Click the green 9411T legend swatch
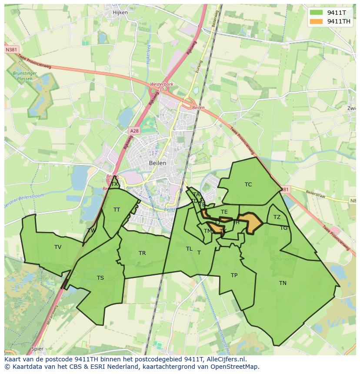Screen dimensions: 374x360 tap(316, 13)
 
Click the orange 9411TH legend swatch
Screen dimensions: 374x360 tap(316, 21)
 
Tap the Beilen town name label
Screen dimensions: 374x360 tap(157, 163)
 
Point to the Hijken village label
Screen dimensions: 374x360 tap(120, 13)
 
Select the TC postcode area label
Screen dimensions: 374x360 tap(248, 185)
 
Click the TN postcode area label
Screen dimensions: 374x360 tap(283, 283)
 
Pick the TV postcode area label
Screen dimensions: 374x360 tap(58, 247)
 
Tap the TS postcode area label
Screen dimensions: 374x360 tap(100, 278)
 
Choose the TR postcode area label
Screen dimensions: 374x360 tap(142, 253)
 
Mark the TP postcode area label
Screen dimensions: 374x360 tap(234, 275)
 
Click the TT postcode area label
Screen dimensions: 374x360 tap(117, 210)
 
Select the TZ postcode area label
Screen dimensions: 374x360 tap(277, 217)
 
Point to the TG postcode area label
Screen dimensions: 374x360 tap(283, 228)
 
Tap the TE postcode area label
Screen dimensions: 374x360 tap(224, 212)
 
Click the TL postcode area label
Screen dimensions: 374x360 tap(189, 249)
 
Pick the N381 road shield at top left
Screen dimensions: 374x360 tap(11, 50)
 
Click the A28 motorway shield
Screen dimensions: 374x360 tap(134, 131)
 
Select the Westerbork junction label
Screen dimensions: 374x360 tap(161, 84)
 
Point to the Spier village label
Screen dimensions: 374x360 tap(38, 349)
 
